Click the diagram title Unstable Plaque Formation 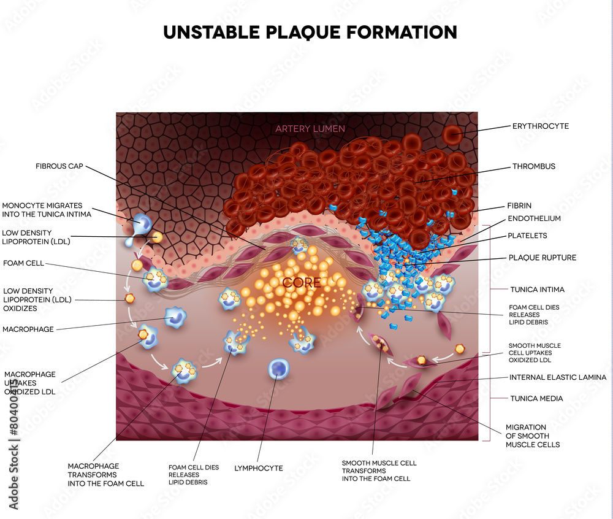pos(310,33)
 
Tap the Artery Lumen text pos(310,129)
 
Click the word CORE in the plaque pos(302,282)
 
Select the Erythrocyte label pos(541,126)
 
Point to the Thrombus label pos(534,166)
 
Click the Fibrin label pos(519,206)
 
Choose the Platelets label pos(527,236)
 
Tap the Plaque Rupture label pos(543,257)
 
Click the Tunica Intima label pos(537,290)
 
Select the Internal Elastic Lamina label pos(557,377)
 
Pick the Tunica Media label pos(536,399)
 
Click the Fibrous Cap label pos(59,166)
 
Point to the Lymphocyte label pos(259,468)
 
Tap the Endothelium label pos(534,218)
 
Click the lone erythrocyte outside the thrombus pos(452,135)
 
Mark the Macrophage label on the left pos(28,329)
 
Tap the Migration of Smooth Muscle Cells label pos(533,436)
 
